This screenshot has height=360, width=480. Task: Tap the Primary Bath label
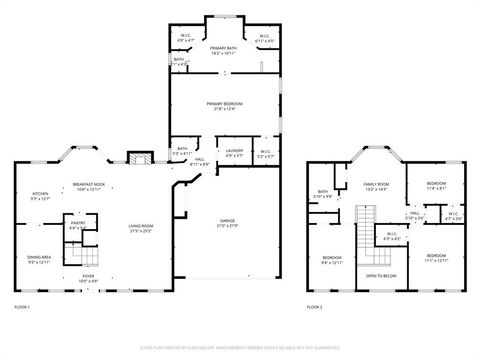tap(222, 48)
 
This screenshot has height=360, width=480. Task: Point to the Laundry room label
tap(234, 152)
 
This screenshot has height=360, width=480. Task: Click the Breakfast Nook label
tap(88, 185)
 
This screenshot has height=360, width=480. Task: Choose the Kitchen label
tap(40, 194)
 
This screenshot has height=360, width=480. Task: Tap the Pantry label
tap(76, 226)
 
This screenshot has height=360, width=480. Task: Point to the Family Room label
tap(376, 185)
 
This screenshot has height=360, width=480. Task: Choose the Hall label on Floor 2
tap(414, 213)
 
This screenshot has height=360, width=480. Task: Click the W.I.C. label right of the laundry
tap(264, 152)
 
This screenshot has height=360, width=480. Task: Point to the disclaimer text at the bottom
tap(239, 346)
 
